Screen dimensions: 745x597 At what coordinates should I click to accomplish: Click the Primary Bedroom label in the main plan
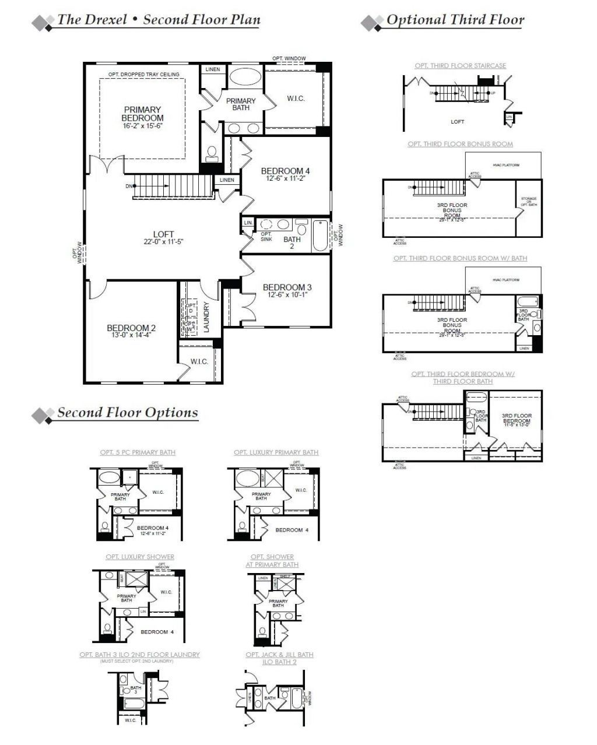point(142,114)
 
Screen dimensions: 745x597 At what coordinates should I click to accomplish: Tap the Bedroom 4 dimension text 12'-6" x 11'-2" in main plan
point(286,178)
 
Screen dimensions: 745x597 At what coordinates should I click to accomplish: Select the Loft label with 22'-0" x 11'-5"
point(164,238)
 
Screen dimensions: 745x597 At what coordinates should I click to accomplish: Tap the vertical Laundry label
point(206,317)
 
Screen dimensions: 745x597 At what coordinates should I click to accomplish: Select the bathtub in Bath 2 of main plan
point(321,236)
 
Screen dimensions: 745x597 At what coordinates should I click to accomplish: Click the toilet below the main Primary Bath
point(212,153)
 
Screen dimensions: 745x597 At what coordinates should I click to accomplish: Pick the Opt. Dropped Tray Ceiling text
point(143,75)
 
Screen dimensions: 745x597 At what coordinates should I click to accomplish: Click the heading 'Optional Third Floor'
point(455,20)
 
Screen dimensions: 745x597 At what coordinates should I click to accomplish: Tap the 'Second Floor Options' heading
point(127,413)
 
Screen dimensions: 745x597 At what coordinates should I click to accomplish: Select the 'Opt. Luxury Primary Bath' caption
point(276,452)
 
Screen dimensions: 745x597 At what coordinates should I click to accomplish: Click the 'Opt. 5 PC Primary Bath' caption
point(138,452)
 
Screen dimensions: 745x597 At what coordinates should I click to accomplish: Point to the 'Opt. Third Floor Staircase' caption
point(460,66)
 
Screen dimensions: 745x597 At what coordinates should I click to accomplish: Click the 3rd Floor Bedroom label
point(517,419)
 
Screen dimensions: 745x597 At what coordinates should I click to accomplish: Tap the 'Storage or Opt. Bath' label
point(528,202)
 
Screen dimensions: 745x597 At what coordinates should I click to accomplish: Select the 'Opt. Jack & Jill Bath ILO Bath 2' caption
point(279,658)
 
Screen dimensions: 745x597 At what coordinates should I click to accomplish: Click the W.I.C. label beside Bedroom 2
point(199,361)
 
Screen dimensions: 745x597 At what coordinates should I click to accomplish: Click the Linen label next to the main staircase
point(227,180)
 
